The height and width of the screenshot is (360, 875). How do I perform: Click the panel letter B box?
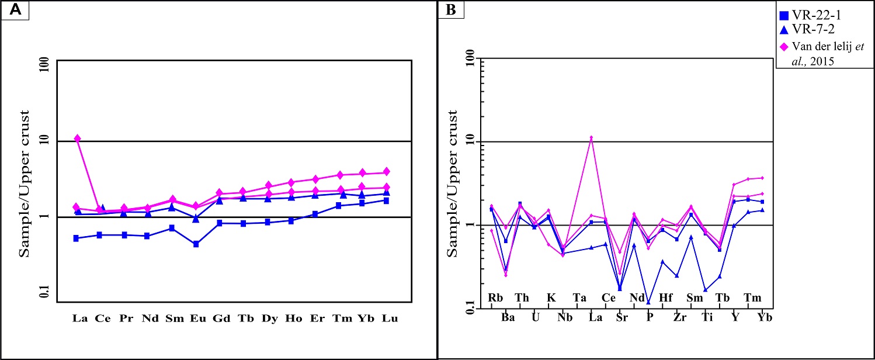451,11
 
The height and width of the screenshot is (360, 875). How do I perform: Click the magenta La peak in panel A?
77,139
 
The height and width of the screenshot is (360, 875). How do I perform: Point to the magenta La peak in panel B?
591,138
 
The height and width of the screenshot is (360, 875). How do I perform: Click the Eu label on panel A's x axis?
197,319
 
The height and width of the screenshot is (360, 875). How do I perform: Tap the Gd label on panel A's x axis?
221,319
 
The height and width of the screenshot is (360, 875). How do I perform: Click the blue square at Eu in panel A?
196,244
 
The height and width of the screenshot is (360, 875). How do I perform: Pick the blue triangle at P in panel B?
648,302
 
